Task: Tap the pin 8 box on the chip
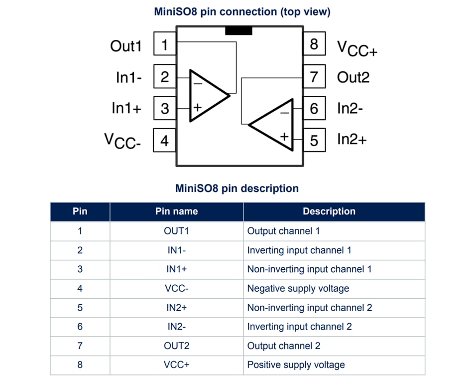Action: click(314, 44)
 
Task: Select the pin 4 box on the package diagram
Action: click(164, 141)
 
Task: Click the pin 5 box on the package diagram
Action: click(314, 140)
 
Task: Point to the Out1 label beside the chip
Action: click(125, 46)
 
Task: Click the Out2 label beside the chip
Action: click(353, 77)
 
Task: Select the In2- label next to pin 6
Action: click(350, 108)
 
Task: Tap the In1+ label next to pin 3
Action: click(126, 108)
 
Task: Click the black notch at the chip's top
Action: click(238, 31)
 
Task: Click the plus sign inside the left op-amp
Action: click(197, 107)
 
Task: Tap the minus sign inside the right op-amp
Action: click(284, 113)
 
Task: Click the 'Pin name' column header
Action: click(176, 211)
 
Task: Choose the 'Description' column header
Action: click(329, 211)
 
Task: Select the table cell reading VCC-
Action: click(176, 288)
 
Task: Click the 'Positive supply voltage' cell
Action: click(296, 365)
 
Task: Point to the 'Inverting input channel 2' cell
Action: click(299, 327)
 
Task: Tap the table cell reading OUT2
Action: click(176, 346)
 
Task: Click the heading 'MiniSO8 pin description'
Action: click(237, 189)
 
